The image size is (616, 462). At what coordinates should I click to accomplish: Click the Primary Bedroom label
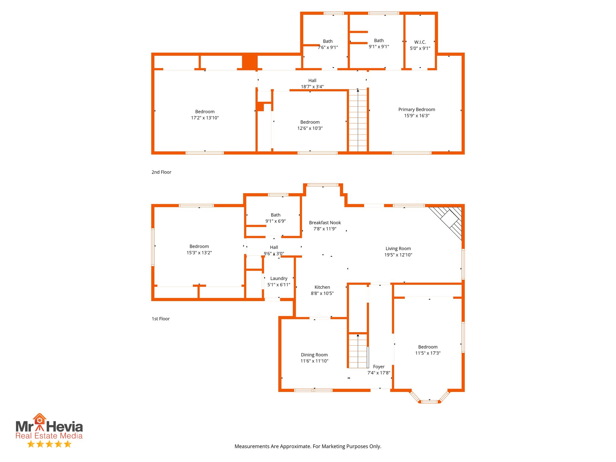(x=417, y=109)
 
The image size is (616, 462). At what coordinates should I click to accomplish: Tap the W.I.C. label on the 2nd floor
(x=420, y=42)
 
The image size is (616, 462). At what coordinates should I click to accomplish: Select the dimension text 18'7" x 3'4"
(x=312, y=87)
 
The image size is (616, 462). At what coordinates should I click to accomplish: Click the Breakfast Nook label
(x=325, y=223)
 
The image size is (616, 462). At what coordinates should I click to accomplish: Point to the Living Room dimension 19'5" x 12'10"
(x=398, y=255)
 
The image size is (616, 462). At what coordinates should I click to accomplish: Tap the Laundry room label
(x=279, y=279)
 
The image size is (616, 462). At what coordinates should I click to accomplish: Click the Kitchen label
(x=322, y=287)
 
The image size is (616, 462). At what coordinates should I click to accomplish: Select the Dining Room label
(x=314, y=355)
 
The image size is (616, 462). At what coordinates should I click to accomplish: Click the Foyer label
(x=379, y=367)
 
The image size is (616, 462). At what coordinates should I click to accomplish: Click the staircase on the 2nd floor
(x=358, y=120)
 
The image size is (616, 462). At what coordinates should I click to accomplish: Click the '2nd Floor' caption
(x=161, y=172)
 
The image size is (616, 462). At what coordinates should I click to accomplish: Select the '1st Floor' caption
(x=161, y=319)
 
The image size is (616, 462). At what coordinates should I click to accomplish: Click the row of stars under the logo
(x=49, y=444)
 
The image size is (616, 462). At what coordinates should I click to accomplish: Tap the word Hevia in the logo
(x=64, y=427)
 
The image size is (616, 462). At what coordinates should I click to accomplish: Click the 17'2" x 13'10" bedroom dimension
(x=205, y=118)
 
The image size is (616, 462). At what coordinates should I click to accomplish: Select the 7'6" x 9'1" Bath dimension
(x=328, y=48)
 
